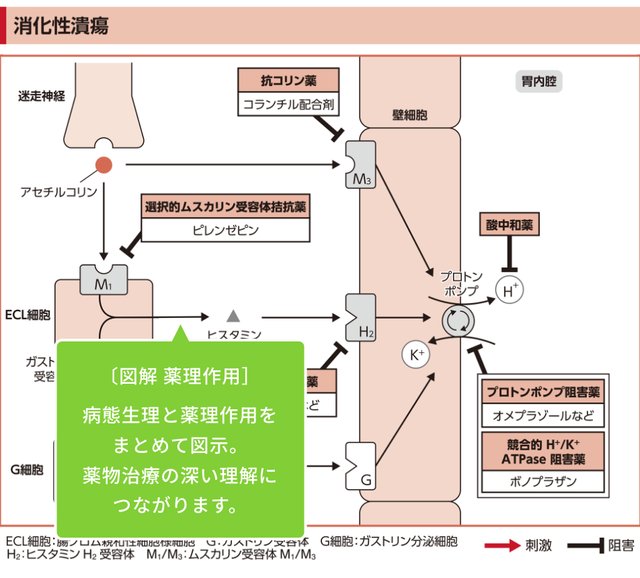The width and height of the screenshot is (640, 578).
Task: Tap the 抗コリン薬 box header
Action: click(288, 81)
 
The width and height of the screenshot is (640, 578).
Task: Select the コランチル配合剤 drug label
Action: click(288, 104)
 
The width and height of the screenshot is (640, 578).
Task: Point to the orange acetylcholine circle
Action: click(104, 165)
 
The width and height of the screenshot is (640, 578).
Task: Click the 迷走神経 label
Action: click(42, 96)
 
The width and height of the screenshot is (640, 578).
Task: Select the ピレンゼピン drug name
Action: click(225, 230)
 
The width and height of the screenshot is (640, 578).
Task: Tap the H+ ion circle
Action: click(509, 290)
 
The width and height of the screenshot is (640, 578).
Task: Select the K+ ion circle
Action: click(415, 354)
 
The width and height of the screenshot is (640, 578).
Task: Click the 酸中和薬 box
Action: click(509, 225)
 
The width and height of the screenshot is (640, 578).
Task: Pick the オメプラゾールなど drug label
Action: click(543, 415)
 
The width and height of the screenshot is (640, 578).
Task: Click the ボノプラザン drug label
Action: click(543, 481)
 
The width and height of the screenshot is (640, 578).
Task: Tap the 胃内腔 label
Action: click(538, 82)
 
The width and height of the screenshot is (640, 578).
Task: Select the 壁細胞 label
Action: click(409, 115)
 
